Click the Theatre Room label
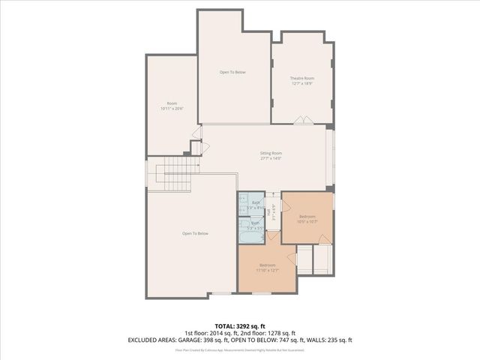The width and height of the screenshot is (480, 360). click(302, 78)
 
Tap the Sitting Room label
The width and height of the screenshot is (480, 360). click(271, 152)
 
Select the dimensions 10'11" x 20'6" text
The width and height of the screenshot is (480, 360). click(172, 109)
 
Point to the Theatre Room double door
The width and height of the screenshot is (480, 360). click(302, 120)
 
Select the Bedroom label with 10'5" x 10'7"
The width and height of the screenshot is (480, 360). click(307, 216)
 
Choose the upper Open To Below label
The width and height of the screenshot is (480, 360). click(232, 72)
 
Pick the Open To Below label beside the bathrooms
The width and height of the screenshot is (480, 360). click(195, 233)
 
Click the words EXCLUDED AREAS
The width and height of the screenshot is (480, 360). click(152, 340)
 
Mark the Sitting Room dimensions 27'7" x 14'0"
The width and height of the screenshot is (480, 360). click(271, 157)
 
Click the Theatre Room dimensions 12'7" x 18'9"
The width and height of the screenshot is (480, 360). click(302, 83)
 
